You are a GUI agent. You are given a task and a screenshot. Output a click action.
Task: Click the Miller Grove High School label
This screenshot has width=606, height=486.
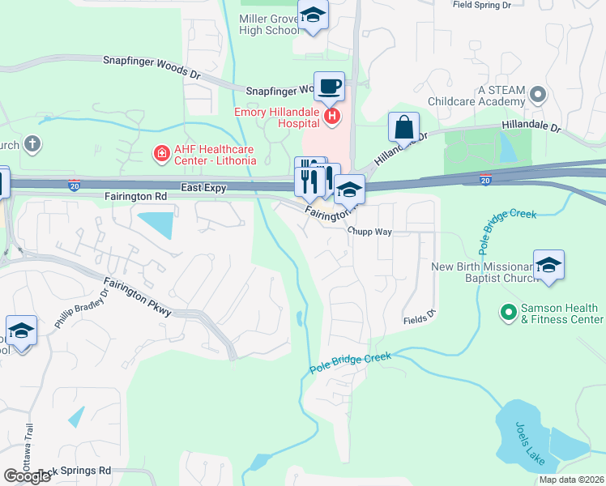coord(269,23)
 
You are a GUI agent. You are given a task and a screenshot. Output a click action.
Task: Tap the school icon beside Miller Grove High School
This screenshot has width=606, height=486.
coord(313,17)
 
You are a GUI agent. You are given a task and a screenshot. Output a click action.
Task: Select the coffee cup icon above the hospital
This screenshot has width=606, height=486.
coord(329,86)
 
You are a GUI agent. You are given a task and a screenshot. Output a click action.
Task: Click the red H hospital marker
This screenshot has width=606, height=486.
coord(332,117)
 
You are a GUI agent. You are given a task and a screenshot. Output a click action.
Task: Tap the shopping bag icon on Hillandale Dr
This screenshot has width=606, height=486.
coord(403,128)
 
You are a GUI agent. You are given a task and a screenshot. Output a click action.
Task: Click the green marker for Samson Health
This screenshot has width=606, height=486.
coord(508,311)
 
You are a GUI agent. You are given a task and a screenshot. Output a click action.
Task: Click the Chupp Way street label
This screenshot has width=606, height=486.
coord(370,232)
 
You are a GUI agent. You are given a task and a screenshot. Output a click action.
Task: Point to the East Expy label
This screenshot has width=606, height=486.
coord(203,187)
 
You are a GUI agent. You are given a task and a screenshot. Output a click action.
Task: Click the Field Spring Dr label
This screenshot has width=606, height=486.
coord(482,5)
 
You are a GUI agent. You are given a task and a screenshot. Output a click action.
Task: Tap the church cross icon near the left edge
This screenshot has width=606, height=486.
coord(32,145)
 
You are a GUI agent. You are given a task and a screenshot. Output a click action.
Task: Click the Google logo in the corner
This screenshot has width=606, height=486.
coord(27,475)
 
